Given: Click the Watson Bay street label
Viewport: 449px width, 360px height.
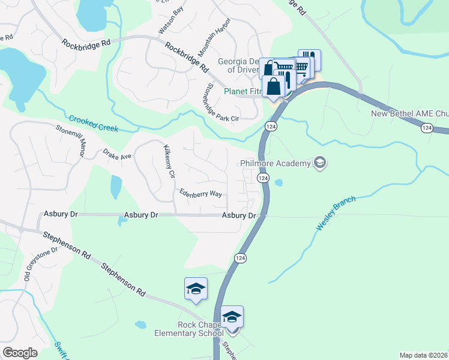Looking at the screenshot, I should click(170, 20).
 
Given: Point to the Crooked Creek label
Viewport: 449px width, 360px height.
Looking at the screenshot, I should click(93, 124).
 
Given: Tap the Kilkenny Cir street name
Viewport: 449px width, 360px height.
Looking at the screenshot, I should click(168, 162).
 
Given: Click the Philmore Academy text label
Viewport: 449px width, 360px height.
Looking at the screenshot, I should click(275, 163).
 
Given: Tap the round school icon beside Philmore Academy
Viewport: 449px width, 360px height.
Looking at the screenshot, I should click(320, 163).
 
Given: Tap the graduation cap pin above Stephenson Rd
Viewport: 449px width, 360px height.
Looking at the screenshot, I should click(196, 289).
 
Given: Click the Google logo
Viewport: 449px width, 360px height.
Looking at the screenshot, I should click(20, 353).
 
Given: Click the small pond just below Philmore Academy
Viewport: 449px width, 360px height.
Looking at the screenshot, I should click(279, 182).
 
